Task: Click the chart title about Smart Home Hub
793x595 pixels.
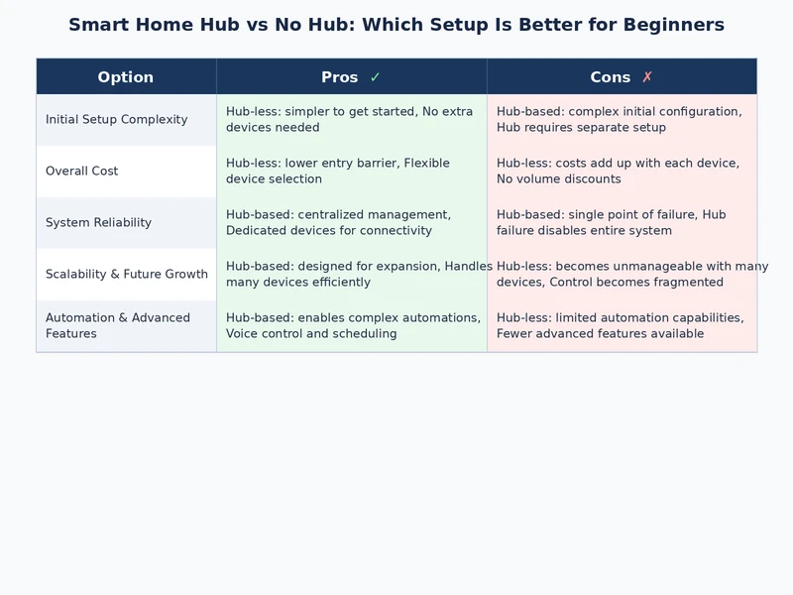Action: tap(396, 25)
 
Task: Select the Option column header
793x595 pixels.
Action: tap(126, 77)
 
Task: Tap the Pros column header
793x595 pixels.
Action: tap(340, 77)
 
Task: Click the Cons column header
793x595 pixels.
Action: tap(611, 77)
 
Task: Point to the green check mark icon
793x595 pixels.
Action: tap(375, 77)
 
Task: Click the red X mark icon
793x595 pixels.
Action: tap(647, 77)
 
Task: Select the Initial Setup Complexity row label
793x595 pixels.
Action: tap(116, 120)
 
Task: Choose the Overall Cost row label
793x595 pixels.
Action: tap(81, 172)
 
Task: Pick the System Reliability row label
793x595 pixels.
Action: tap(98, 223)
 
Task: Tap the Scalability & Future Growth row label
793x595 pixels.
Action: tap(126, 275)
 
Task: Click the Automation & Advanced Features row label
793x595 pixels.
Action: tap(117, 326)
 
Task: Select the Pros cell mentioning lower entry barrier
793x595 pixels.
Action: tap(351, 172)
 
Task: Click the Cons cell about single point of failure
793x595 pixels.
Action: tap(622, 223)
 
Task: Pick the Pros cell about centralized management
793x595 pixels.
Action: tap(351, 223)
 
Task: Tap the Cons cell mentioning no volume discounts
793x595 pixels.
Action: tap(622, 172)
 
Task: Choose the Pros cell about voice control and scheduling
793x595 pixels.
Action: tap(351, 326)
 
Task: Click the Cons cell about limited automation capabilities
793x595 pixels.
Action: tap(622, 326)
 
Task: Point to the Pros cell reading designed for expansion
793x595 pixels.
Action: tap(351, 275)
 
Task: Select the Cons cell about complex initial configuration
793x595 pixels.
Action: tap(622, 120)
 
